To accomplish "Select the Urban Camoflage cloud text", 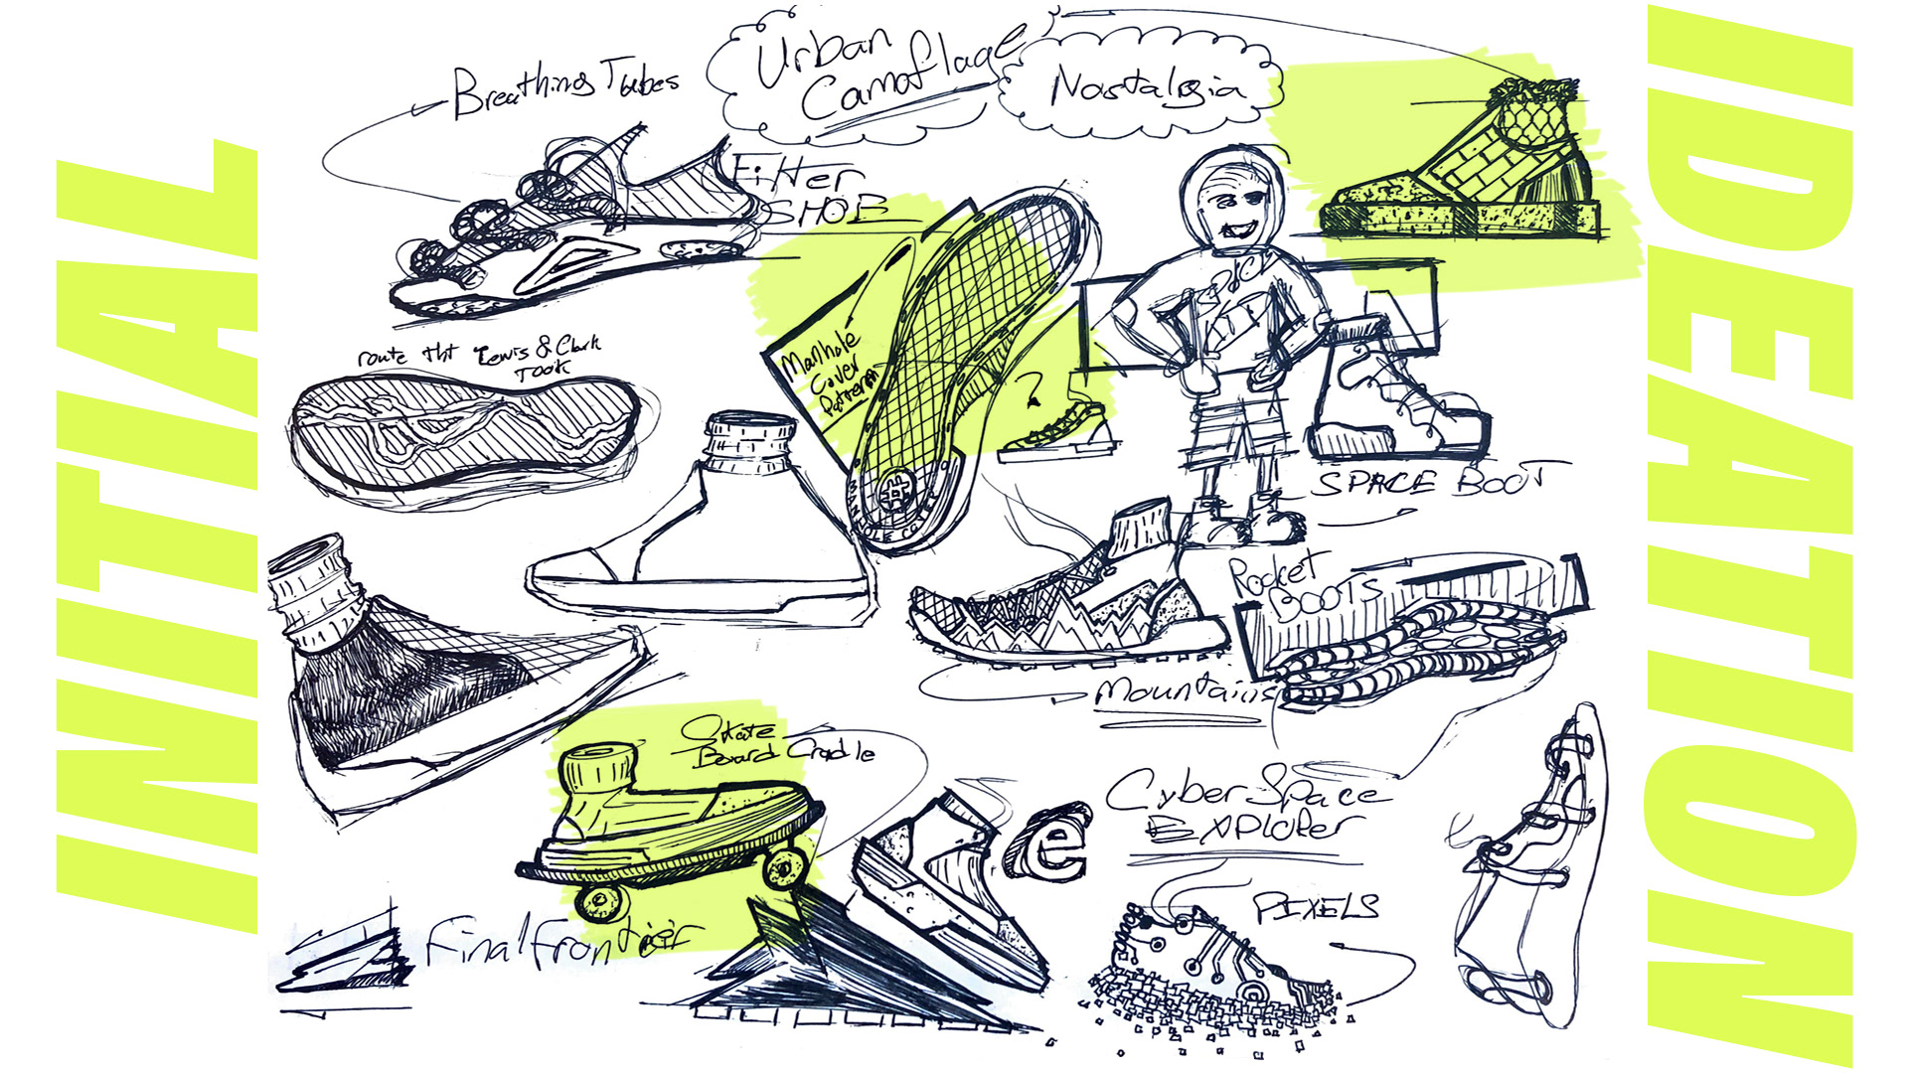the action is pos(874,75).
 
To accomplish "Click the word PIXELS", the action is pos(1317,906).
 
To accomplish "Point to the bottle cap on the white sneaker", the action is pos(749,438).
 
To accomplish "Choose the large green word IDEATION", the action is pos(1749,536).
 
